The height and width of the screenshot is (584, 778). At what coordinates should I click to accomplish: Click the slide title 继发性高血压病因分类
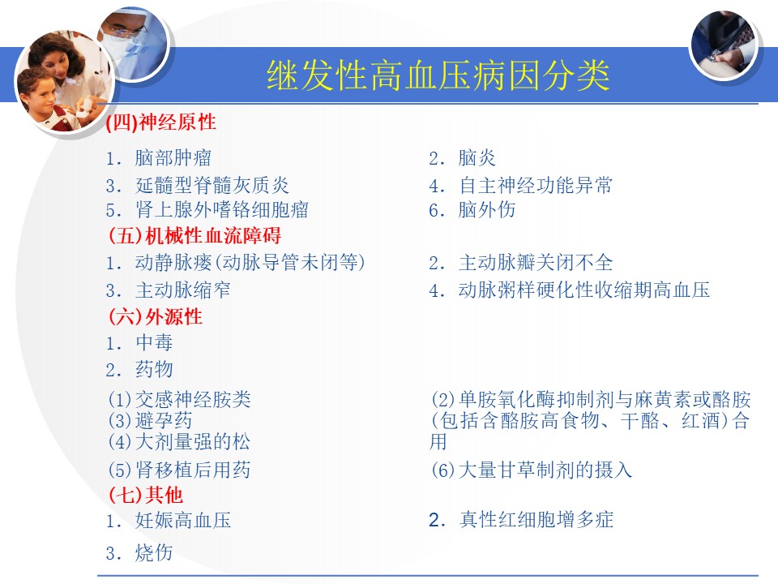[438, 75]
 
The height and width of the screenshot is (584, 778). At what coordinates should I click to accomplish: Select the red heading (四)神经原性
[161, 122]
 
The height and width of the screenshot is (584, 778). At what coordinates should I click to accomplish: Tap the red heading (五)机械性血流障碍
[194, 235]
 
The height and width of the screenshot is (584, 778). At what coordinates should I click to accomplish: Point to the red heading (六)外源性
[156, 316]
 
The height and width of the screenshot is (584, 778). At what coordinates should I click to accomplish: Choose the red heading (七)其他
[145, 495]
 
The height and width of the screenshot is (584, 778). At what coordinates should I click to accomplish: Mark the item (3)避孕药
[150, 421]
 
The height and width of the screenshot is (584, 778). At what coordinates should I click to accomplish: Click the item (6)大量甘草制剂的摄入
[532, 470]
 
